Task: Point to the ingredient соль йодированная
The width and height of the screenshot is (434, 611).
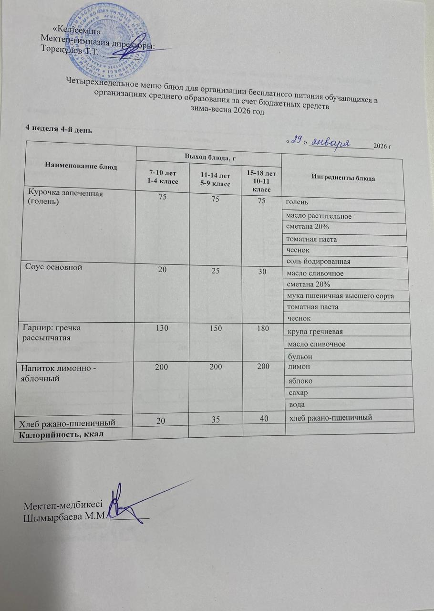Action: point(318,262)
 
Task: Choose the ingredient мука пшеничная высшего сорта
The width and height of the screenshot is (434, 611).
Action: point(339,296)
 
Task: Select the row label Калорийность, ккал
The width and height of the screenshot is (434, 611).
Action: point(61,433)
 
